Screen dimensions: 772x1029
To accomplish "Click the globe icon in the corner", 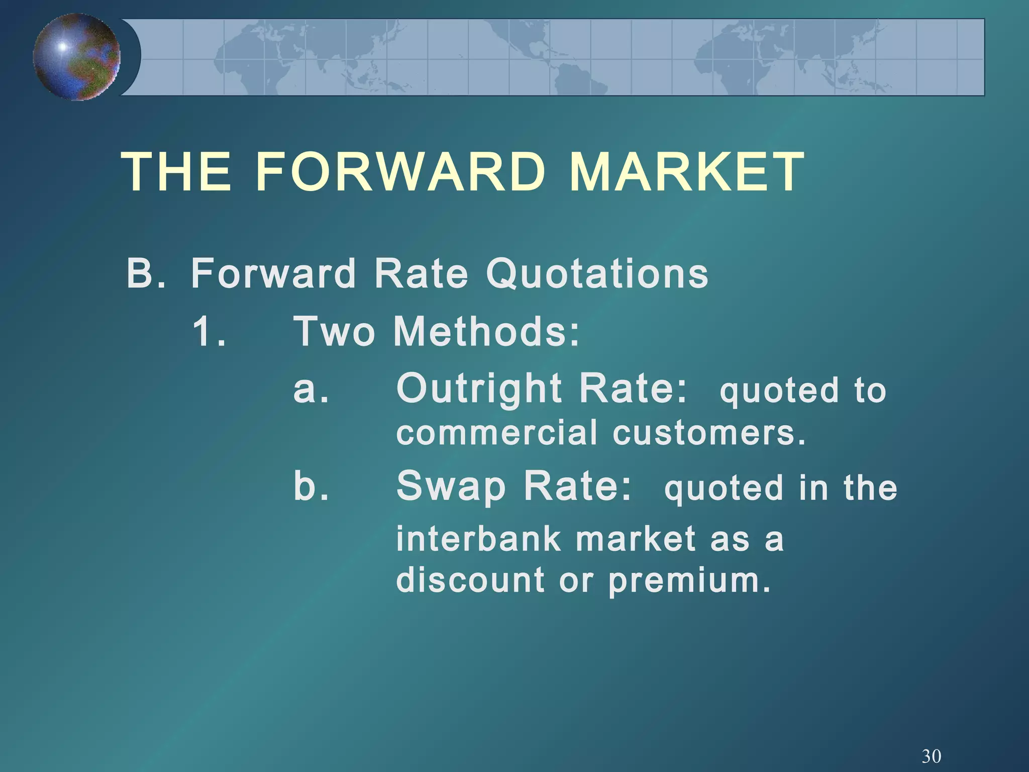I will [x=77, y=57].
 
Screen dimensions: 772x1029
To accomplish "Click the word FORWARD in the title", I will [x=400, y=172].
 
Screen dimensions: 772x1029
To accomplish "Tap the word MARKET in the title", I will [x=687, y=172].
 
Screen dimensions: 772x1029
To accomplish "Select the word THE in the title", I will [x=177, y=172].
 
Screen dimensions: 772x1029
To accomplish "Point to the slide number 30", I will [x=931, y=756].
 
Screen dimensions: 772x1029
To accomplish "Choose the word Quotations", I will [x=597, y=274].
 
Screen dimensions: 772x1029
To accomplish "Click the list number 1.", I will [x=209, y=331].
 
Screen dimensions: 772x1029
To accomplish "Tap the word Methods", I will [x=486, y=331].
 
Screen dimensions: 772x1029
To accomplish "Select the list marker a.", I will [x=311, y=389].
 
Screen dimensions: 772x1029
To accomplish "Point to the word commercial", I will [x=497, y=433].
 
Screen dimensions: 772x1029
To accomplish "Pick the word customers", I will [x=709, y=433].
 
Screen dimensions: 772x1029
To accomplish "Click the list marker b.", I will [x=311, y=486].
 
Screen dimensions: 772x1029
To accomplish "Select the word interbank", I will [x=478, y=538].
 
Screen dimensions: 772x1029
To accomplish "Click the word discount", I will [x=470, y=580].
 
